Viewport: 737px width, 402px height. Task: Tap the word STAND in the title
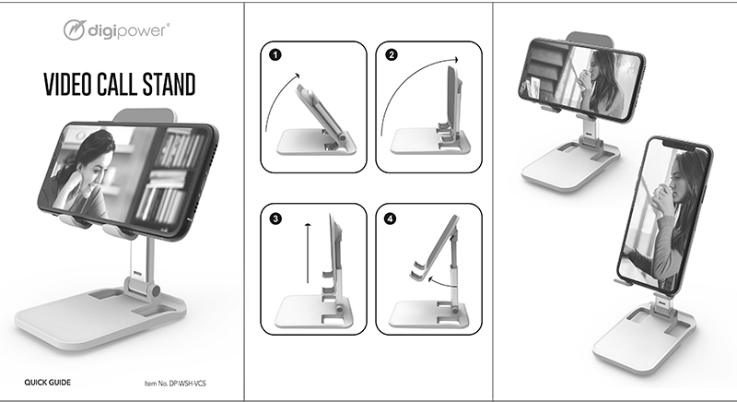point(168,85)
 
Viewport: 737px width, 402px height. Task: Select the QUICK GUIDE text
point(47,381)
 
